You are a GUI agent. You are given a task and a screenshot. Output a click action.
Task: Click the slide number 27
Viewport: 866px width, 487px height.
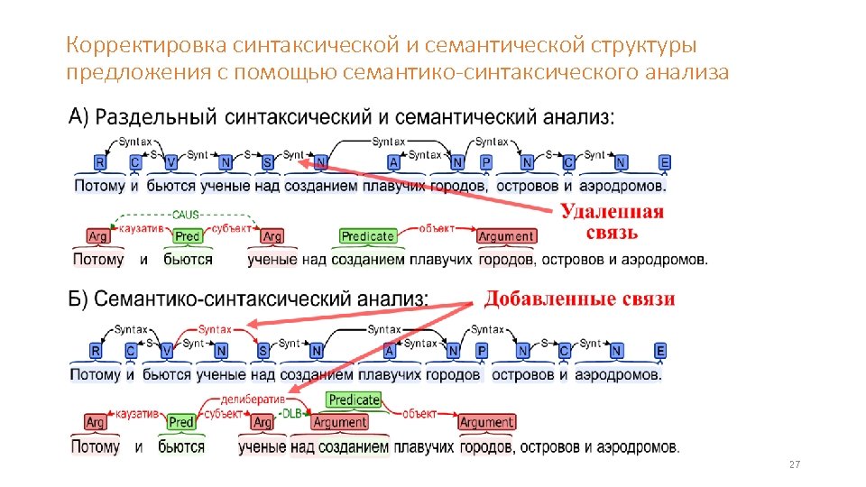click(x=794, y=464)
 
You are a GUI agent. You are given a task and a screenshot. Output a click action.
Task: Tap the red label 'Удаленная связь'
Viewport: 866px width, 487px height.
click(x=613, y=222)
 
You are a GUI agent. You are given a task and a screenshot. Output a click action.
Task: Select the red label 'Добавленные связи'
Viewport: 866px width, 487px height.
click(x=580, y=299)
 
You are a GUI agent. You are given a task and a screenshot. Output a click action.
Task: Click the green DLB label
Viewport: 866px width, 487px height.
click(x=292, y=413)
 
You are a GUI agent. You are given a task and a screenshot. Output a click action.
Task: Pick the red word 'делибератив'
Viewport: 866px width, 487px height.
click(x=253, y=398)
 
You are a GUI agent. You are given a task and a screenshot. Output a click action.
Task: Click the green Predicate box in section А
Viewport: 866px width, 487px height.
click(x=368, y=236)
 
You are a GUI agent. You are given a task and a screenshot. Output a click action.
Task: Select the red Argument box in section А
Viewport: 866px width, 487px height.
click(x=506, y=236)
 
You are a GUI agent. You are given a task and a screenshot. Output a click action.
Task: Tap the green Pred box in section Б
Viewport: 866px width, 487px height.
click(x=181, y=422)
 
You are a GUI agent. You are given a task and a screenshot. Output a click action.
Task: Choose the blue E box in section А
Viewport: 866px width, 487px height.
click(x=665, y=162)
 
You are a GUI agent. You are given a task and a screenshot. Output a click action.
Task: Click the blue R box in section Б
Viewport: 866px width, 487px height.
click(x=97, y=351)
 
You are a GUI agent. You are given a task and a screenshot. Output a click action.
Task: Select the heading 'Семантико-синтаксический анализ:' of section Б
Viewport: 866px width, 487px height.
click(x=262, y=299)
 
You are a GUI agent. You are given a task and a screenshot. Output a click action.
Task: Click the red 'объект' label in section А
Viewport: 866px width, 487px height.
click(x=437, y=227)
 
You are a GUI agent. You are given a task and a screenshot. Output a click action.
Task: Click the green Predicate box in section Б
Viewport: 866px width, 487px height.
click(x=355, y=400)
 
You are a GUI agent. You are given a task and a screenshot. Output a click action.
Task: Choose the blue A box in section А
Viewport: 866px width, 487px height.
click(x=393, y=162)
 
